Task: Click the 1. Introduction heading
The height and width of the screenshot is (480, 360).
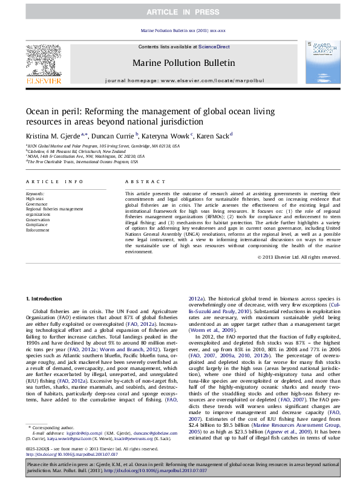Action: (45, 299)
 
